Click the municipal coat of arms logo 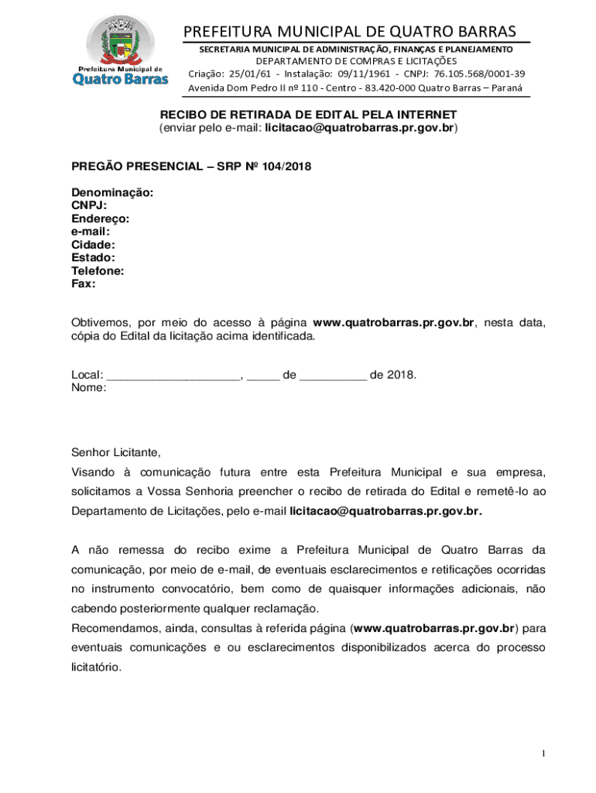[119, 40]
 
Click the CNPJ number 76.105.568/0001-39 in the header [479, 74]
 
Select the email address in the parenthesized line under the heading [359, 128]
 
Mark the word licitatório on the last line [97, 665]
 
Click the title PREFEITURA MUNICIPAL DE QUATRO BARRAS [349, 32]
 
